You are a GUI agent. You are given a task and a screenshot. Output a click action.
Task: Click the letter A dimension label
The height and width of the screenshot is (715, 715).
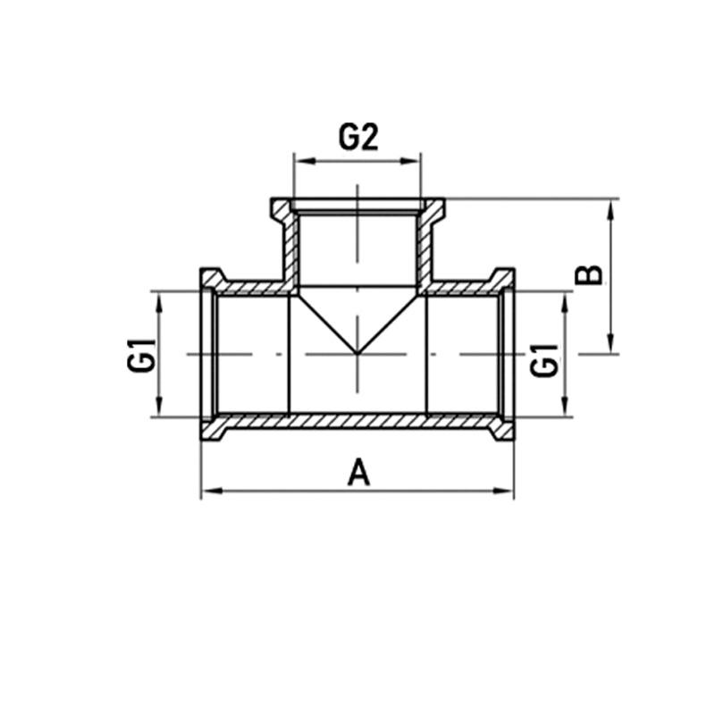click(x=358, y=471)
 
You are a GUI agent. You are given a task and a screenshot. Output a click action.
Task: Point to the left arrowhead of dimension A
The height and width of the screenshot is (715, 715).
click(x=207, y=490)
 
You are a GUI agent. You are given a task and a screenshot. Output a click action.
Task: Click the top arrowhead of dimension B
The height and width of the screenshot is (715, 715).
click(x=611, y=206)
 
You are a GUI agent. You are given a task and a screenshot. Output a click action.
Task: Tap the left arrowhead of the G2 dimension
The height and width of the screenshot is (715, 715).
click(x=301, y=161)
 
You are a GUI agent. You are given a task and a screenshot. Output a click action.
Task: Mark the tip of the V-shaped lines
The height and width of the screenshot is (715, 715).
click(x=357, y=353)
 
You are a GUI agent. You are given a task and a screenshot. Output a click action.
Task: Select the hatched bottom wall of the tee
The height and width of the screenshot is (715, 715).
click(x=357, y=420)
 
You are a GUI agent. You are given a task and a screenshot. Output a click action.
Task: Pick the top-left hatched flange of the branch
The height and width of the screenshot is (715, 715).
click(x=282, y=211)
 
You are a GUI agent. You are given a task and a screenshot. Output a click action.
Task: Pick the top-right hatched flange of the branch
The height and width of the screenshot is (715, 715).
click(x=433, y=211)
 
